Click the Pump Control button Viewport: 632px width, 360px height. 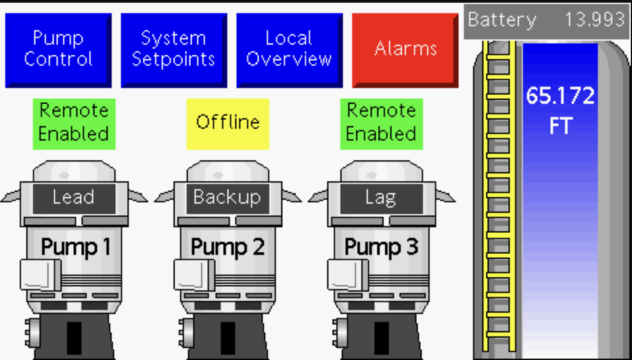point(58,49)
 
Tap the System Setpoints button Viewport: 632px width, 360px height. point(173,49)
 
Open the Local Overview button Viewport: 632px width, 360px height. point(289,49)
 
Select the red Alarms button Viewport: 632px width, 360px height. point(405,49)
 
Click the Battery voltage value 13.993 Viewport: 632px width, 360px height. point(594,20)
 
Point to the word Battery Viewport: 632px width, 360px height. point(502,20)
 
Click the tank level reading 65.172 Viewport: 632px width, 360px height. point(560,97)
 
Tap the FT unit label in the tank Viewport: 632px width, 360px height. point(560,125)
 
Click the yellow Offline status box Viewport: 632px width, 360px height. point(227,123)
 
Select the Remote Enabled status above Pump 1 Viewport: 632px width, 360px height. point(74,123)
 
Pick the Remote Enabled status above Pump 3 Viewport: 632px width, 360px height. point(381,123)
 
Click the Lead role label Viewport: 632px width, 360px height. point(74,197)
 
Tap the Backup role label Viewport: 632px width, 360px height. point(227,197)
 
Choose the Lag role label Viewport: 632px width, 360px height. point(380,197)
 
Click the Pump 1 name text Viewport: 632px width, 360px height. point(76,247)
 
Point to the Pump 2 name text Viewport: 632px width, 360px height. point(227,247)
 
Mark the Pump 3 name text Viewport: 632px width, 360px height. point(381,247)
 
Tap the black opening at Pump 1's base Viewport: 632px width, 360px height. point(74,339)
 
